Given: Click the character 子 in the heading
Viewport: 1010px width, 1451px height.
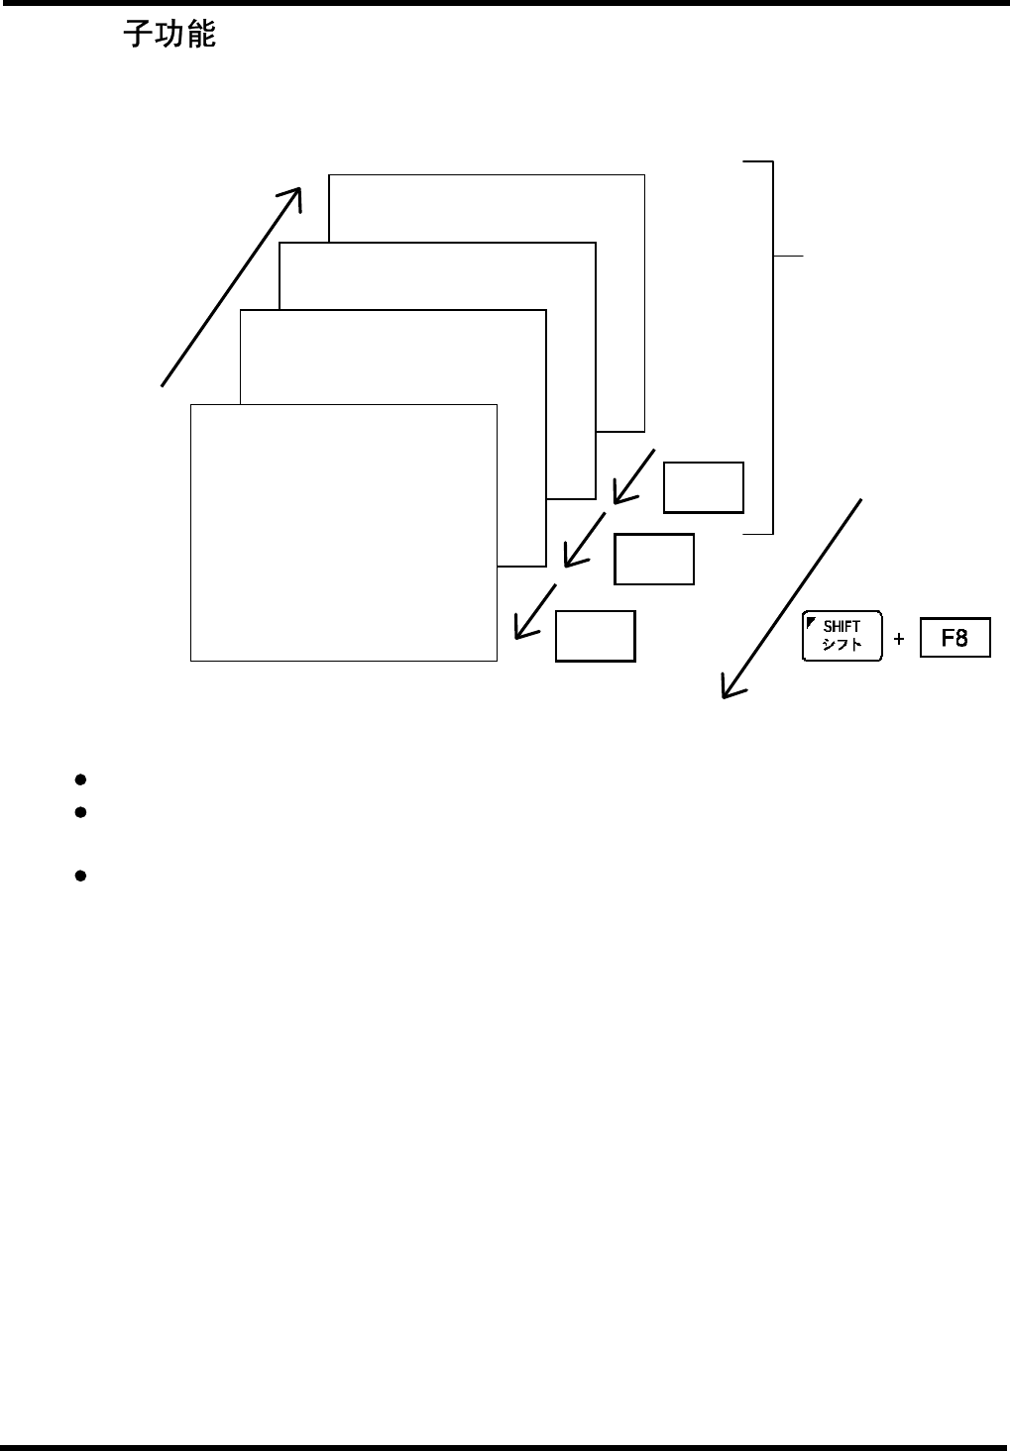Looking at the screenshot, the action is click(x=137, y=37).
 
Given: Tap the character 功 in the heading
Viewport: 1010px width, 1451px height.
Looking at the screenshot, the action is click(x=168, y=37).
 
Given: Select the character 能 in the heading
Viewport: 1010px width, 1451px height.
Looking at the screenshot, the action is click(x=201, y=37).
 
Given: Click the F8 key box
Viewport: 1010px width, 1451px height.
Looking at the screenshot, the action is click(x=954, y=638).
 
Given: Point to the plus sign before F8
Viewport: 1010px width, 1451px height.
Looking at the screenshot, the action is click(x=899, y=639).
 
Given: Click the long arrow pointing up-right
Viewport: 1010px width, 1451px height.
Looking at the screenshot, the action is click(x=231, y=285).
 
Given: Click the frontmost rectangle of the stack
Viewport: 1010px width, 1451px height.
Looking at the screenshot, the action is click(x=343, y=532).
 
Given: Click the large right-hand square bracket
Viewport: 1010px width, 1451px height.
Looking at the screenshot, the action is click(x=770, y=347).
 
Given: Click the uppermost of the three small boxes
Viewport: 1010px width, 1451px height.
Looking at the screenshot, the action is click(x=703, y=487).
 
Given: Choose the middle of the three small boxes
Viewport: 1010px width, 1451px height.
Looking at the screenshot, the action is click(x=653, y=559).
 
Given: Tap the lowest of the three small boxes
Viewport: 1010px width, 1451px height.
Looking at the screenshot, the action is click(x=595, y=636).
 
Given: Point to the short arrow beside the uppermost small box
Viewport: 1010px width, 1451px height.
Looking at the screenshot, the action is click(x=633, y=475).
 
